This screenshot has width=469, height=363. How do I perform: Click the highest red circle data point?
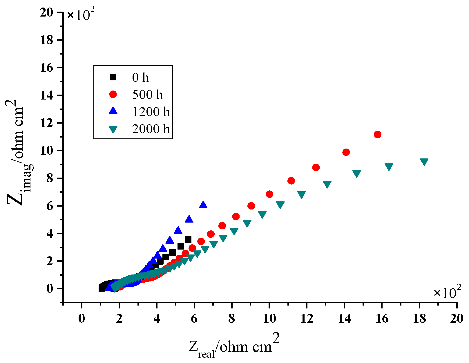(377, 134)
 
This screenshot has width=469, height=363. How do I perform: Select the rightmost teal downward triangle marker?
(424, 162)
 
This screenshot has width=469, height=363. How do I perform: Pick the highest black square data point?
(188, 239)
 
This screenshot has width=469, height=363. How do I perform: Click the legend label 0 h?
(140, 77)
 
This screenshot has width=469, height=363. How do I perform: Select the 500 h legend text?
(147, 95)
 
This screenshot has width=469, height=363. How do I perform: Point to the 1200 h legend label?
(151, 112)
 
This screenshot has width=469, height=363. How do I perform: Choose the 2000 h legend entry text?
(151, 129)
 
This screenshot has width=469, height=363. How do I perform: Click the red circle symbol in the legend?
(113, 94)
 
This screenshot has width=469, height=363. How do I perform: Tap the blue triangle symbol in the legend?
(113, 111)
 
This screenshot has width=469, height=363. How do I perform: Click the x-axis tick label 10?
(269, 319)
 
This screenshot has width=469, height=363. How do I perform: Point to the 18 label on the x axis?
(419, 319)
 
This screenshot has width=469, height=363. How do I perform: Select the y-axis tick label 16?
(47, 68)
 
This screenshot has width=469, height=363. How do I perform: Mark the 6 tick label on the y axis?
(50, 206)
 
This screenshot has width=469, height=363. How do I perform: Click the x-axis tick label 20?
(457, 319)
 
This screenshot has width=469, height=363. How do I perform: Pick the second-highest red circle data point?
(346, 152)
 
